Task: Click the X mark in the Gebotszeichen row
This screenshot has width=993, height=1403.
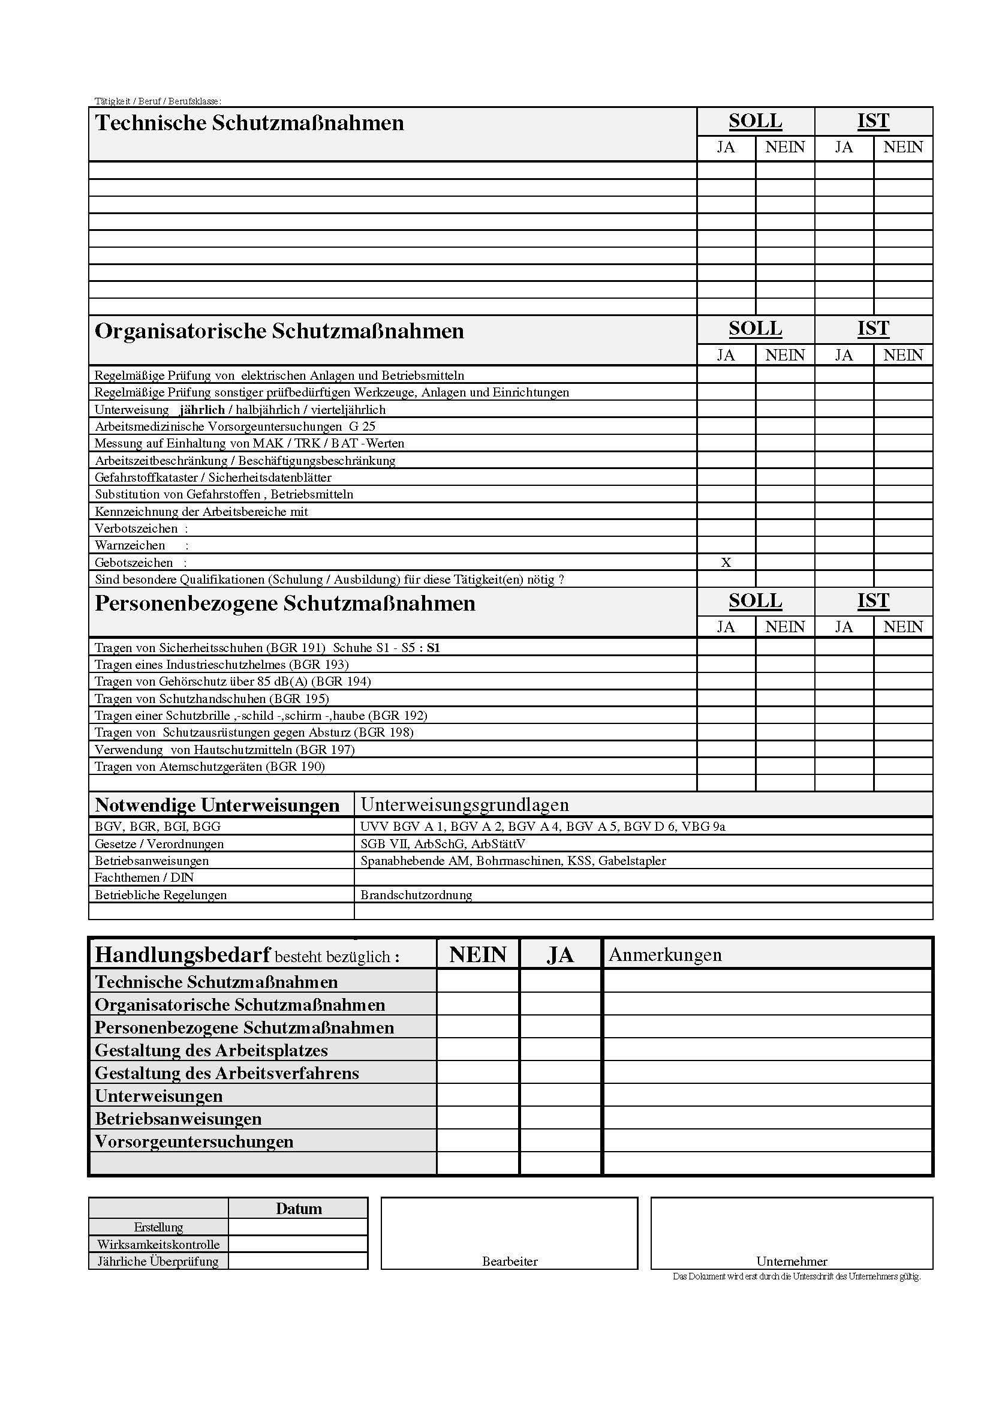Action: click(x=726, y=563)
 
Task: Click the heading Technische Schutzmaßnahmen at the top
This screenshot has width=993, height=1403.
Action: click(x=249, y=123)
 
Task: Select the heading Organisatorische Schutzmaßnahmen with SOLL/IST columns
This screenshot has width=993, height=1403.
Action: click(x=279, y=331)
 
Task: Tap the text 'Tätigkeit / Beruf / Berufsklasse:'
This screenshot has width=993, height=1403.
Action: click(x=158, y=101)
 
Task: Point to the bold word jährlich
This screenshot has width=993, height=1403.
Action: click(x=202, y=410)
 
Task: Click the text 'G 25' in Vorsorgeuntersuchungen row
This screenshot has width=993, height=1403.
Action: click(x=362, y=426)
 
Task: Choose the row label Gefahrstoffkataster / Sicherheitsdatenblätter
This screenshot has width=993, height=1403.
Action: click(x=213, y=477)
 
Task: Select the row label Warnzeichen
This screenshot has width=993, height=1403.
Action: click(x=130, y=545)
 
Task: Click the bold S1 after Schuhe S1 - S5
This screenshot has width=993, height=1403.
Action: click(x=433, y=648)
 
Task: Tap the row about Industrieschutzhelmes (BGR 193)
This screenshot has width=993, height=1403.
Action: click(x=221, y=664)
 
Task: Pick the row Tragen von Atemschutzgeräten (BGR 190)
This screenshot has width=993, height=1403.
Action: click(x=209, y=767)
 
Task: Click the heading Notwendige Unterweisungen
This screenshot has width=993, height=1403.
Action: click(x=217, y=805)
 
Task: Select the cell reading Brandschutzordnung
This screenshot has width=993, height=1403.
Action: click(x=416, y=895)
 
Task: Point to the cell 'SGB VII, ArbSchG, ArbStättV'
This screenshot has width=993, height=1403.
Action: click(x=443, y=844)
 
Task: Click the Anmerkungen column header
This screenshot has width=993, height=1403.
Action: click(x=664, y=955)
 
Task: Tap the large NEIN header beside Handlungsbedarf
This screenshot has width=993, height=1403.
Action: click(x=477, y=955)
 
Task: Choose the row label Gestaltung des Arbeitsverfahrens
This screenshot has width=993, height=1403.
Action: click(x=227, y=1073)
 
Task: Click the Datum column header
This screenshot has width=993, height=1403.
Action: click(x=299, y=1209)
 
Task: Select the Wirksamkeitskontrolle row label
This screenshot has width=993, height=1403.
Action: click(x=158, y=1244)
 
